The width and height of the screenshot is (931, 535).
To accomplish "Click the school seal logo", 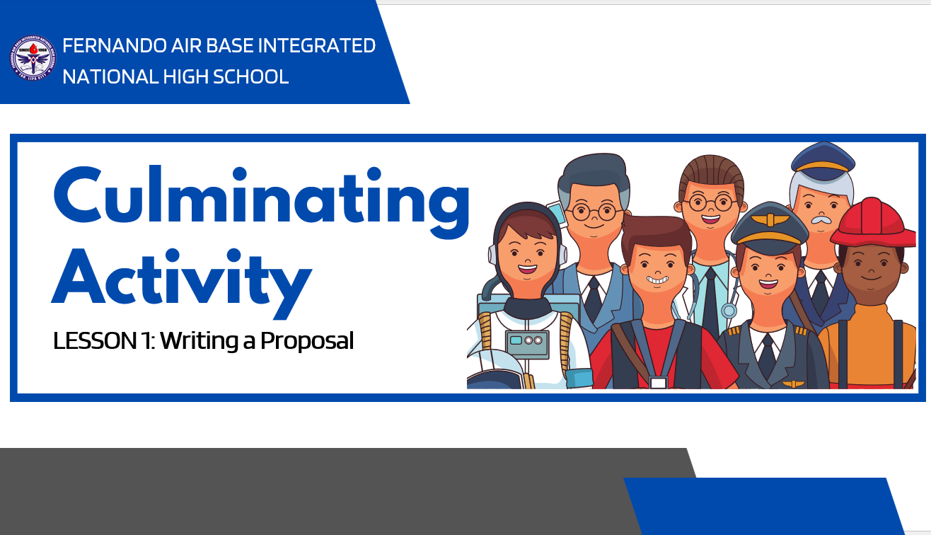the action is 33,57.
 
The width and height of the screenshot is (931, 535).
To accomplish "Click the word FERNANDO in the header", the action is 114,46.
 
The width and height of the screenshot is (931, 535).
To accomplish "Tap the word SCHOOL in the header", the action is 250,77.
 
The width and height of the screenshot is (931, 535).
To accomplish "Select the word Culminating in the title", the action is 262,202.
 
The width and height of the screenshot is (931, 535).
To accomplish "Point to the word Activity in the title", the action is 182,282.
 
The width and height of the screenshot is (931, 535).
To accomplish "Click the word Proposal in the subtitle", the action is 307,341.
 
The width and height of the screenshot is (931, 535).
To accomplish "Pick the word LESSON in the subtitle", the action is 95,340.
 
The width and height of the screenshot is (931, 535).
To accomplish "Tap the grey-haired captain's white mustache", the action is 821,219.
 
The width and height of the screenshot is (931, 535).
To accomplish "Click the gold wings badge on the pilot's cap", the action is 770,219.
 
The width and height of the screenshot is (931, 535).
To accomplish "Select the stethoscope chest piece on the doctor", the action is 729,310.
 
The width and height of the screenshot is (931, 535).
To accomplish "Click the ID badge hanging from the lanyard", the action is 658,382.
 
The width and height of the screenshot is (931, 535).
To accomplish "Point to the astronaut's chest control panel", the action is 527,345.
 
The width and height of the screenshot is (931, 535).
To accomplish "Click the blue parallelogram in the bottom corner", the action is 764,506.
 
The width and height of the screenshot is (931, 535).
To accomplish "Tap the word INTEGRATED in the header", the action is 317,46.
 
